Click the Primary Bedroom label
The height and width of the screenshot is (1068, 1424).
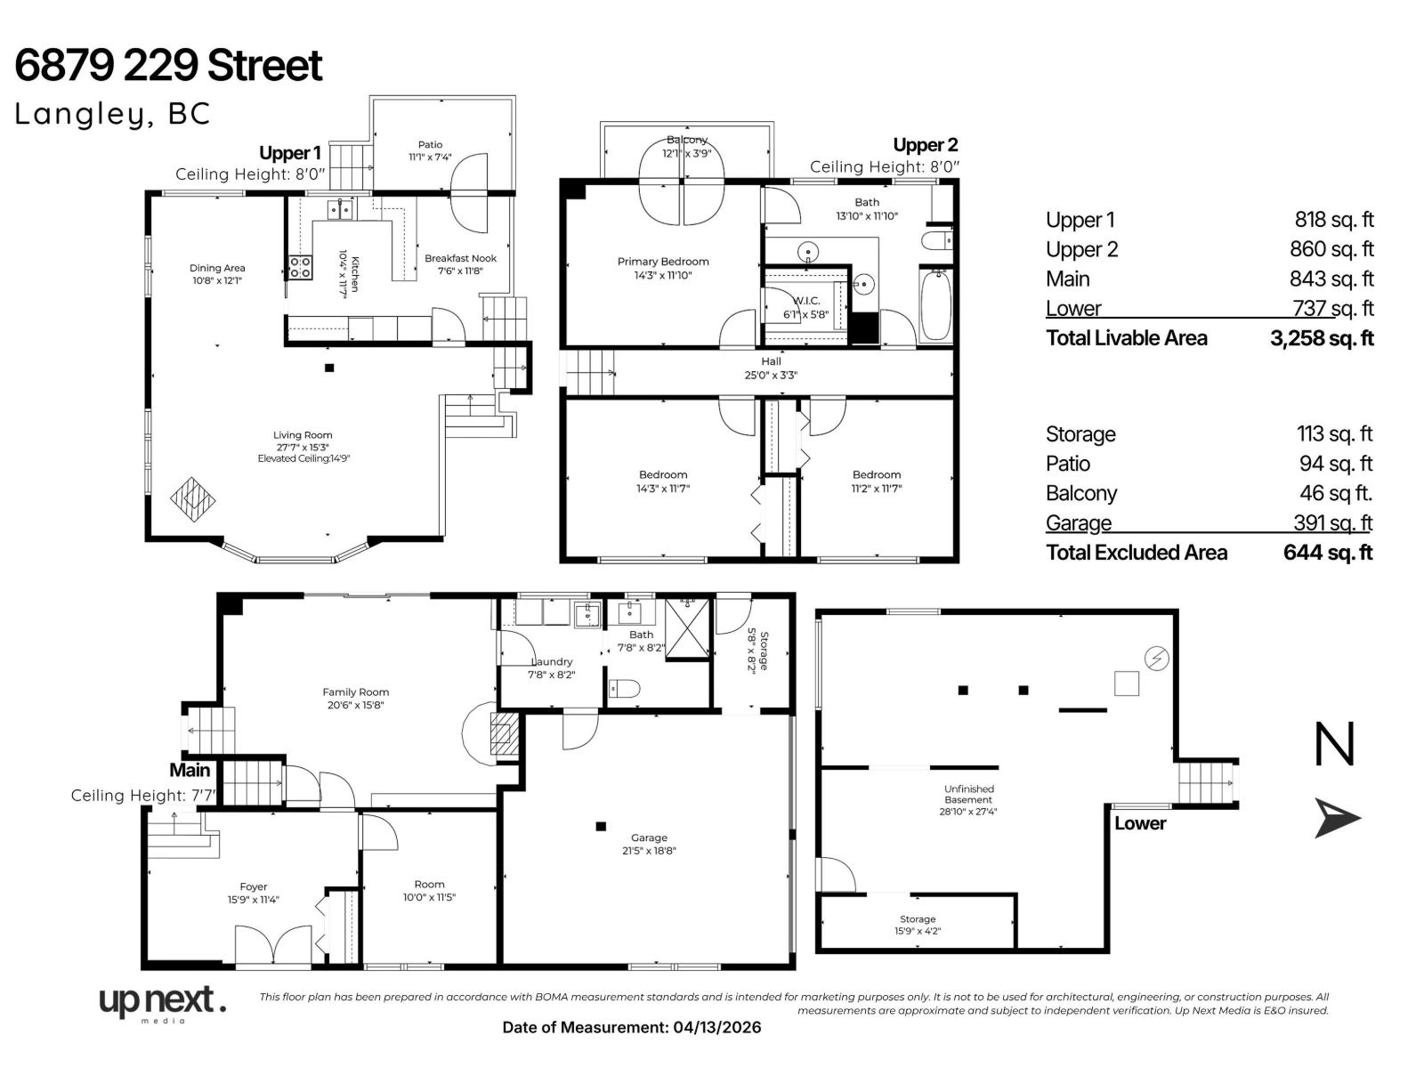point(663,262)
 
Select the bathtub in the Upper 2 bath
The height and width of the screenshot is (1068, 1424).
point(935,306)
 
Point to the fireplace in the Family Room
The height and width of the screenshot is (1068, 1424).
point(504,734)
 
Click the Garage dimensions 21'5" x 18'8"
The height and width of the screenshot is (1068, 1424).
point(649,850)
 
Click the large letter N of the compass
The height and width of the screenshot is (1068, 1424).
point(1334,745)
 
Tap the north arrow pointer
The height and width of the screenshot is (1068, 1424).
point(1338,817)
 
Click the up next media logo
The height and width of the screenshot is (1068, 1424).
point(162,1003)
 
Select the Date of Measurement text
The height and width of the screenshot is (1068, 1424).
point(632,1027)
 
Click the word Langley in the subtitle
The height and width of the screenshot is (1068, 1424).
point(73,114)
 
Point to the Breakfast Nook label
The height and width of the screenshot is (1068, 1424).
point(460,258)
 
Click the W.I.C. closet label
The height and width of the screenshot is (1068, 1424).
point(806,301)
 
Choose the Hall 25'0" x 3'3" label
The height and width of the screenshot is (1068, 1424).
point(771,368)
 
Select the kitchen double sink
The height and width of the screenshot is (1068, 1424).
point(340,209)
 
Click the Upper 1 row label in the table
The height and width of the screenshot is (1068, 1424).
point(1080,220)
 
